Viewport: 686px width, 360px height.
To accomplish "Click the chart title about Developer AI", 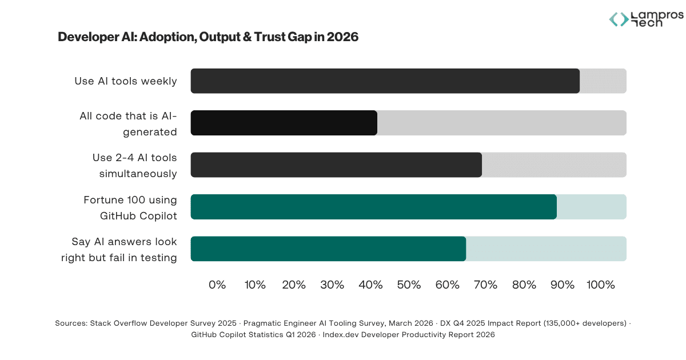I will pos(208,37).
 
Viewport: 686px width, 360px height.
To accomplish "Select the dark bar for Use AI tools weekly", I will pos(385,81).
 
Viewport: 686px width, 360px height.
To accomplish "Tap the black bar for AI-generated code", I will pos(284,123).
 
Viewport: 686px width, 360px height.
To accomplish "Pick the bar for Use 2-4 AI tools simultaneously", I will pos(336,165).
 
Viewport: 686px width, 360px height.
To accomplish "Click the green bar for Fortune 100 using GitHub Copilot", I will pos(373,207).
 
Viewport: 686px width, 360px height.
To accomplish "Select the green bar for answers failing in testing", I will pos(328,249).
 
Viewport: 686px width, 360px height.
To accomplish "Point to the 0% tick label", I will pos(217,285).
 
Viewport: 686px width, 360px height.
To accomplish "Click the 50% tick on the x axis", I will pos(409,285).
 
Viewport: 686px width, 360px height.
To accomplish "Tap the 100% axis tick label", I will pos(601,285).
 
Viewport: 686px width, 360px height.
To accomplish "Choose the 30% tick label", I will pos(332,285).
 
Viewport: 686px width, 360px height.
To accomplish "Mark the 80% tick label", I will pos(524,285).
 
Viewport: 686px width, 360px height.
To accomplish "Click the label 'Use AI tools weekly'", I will pos(126,81).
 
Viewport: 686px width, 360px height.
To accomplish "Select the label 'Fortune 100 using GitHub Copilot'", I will pos(130,207).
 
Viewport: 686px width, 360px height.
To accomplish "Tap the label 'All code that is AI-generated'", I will pos(128,123).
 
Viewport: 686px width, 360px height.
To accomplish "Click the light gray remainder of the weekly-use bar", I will pos(603,81).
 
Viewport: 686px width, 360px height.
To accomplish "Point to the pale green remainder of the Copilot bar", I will pos(592,207).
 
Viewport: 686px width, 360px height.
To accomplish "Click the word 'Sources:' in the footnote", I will pos(71,323).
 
